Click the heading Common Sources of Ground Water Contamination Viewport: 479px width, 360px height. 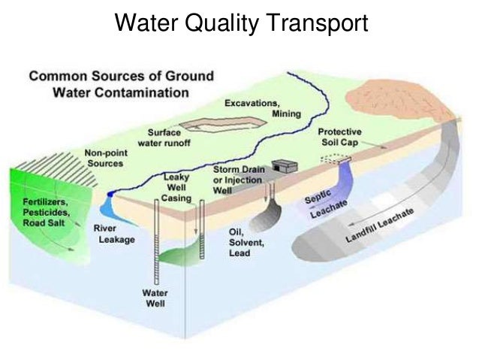(121, 84)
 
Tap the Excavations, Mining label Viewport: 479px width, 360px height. (262, 107)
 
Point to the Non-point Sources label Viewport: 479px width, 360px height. (105, 158)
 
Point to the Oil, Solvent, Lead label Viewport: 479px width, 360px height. (244, 243)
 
